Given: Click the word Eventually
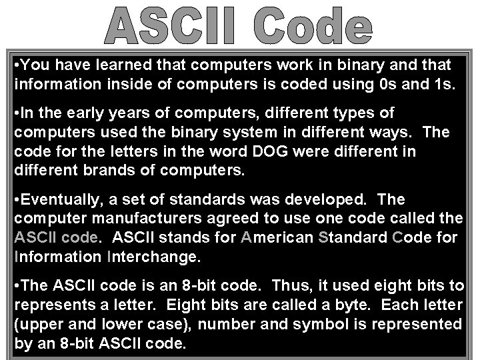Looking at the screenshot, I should tap(59, 199).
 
